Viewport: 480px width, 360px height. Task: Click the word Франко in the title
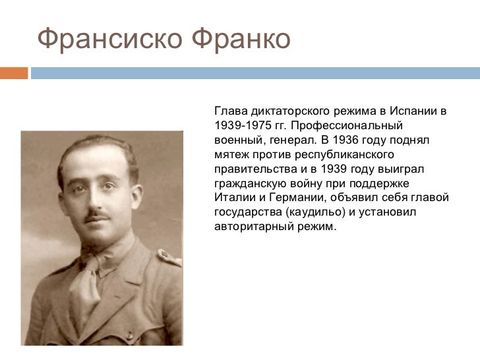(241, 40)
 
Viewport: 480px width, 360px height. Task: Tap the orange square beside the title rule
(13, 73)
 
